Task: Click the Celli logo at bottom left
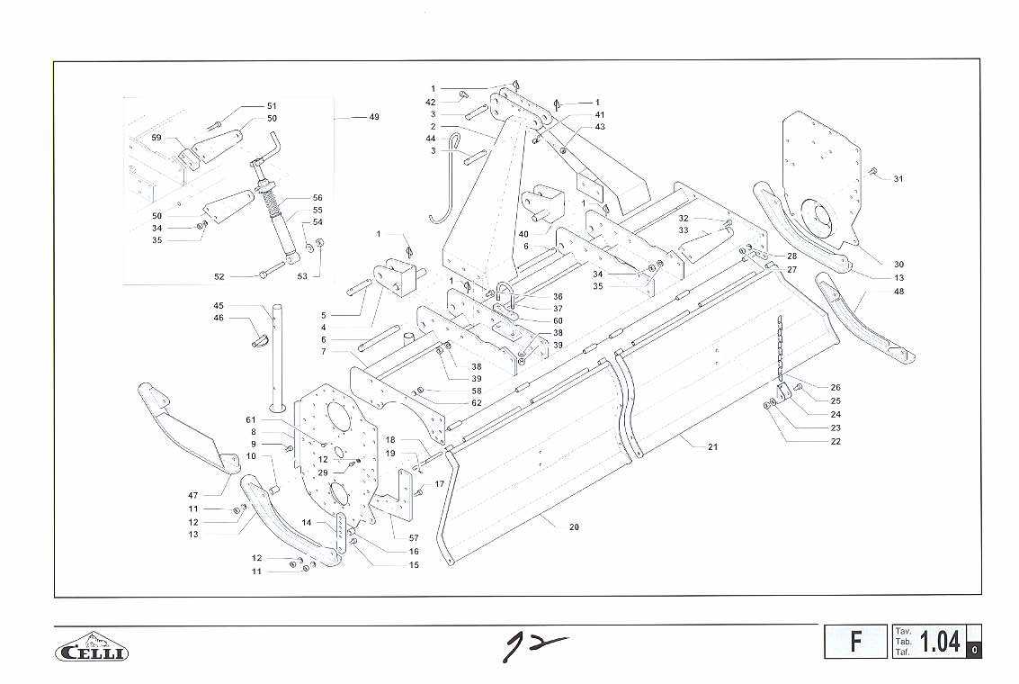[92, 649]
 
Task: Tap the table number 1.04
[941, 642]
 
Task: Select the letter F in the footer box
[855, 642]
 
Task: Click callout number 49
[373, 117]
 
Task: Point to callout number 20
[574, 527]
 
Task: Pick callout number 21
[712, 446]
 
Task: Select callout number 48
[898, 292]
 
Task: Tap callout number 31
[898, 178]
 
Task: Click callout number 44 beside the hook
[431, 139]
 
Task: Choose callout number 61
[251, 420]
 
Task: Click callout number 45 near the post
[219, 305]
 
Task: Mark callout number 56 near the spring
[317, 197]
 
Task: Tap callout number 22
[836, 441]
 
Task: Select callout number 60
[558, 321]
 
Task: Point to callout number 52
[219, 276]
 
